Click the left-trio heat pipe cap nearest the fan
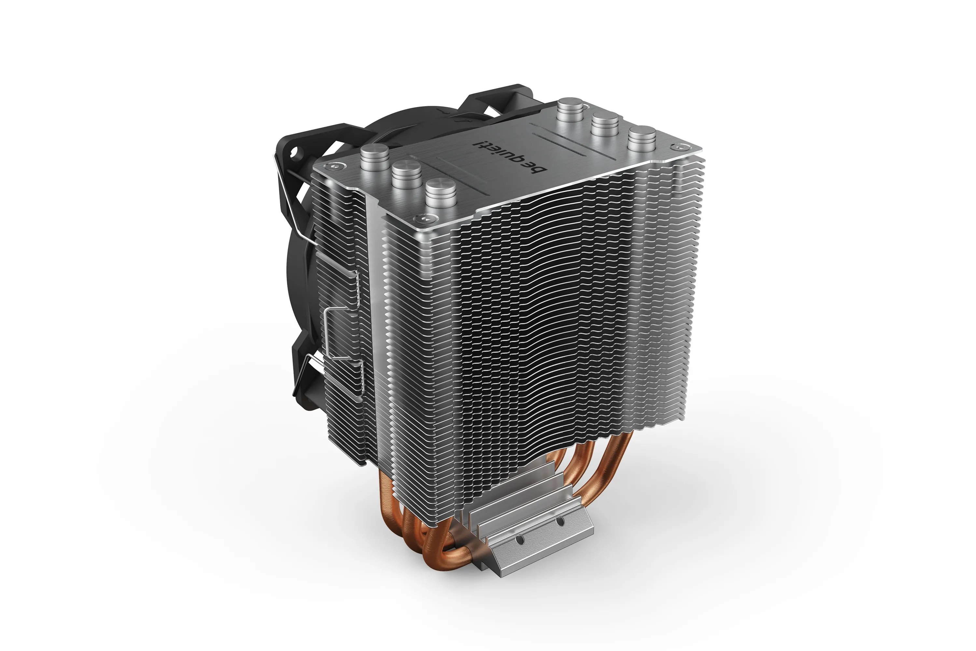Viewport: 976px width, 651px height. pos(374,153)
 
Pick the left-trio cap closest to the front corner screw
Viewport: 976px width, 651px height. pos(440,189)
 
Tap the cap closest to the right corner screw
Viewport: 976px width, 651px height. pos(641,134)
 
